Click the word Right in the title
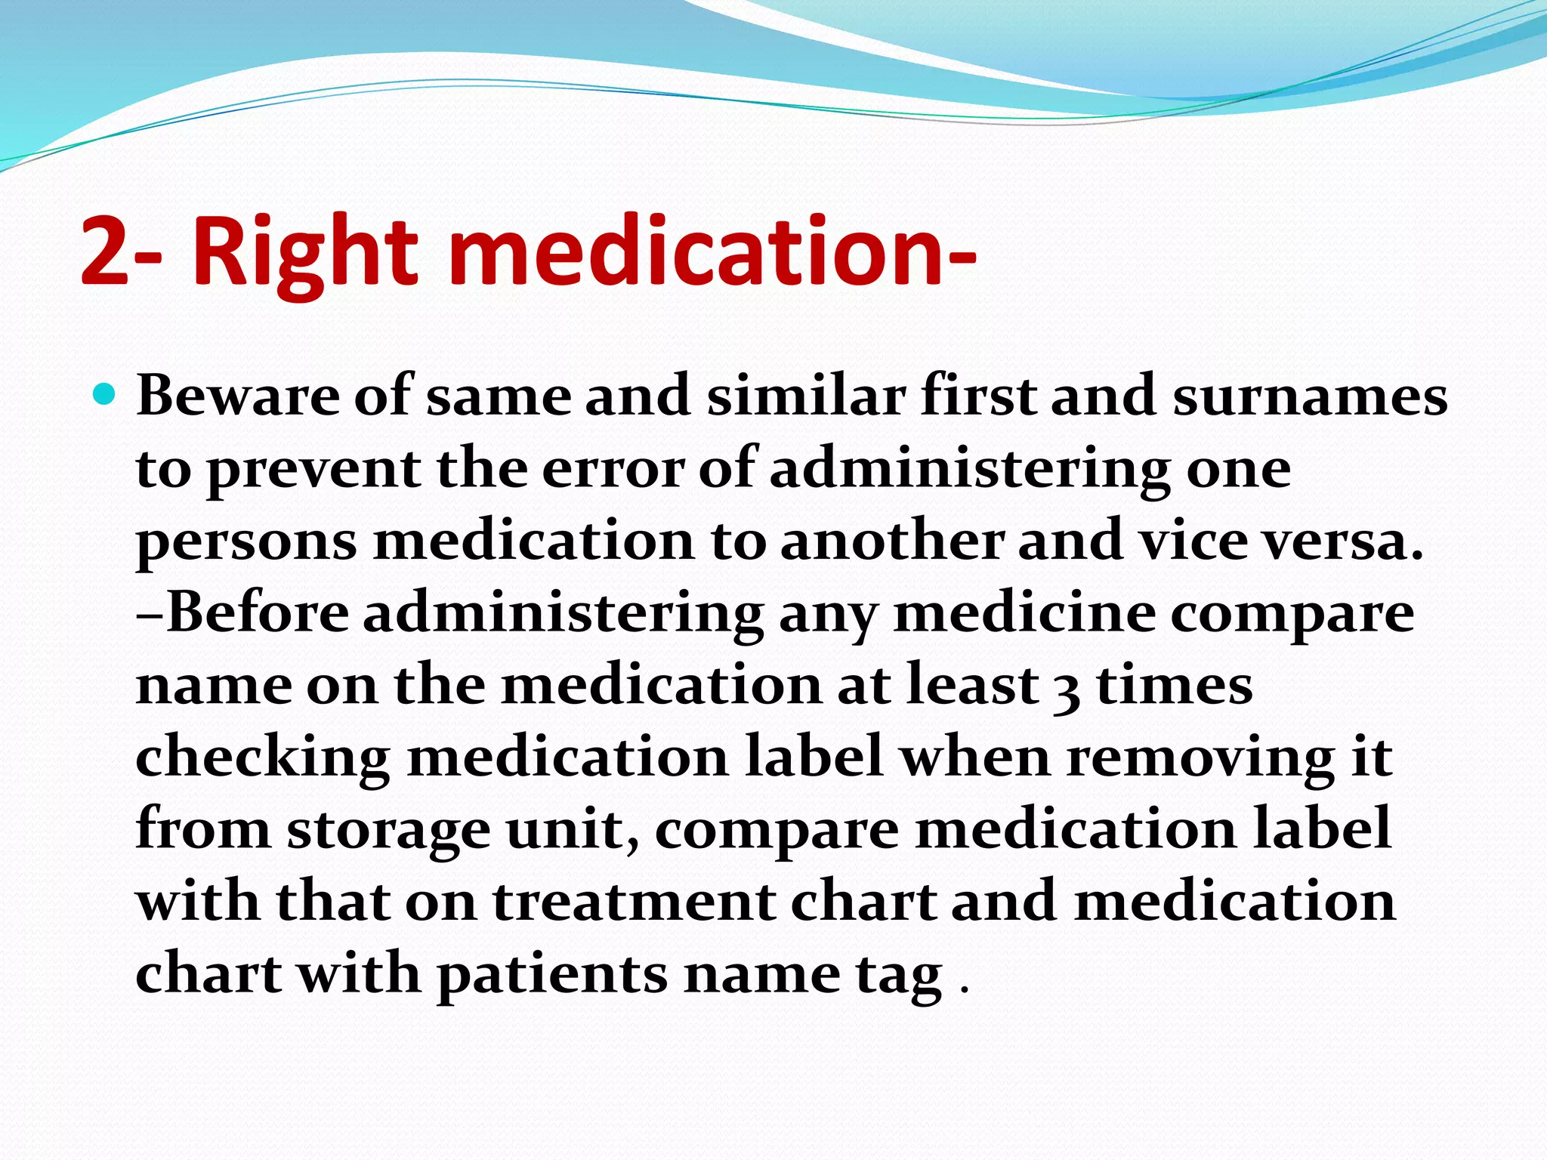(304, 251)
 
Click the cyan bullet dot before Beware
(105, 394)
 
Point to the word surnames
(1310, 396)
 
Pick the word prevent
(313, 470)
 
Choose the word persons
(246, 542)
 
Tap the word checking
(262, 758)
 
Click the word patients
(552, 974)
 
